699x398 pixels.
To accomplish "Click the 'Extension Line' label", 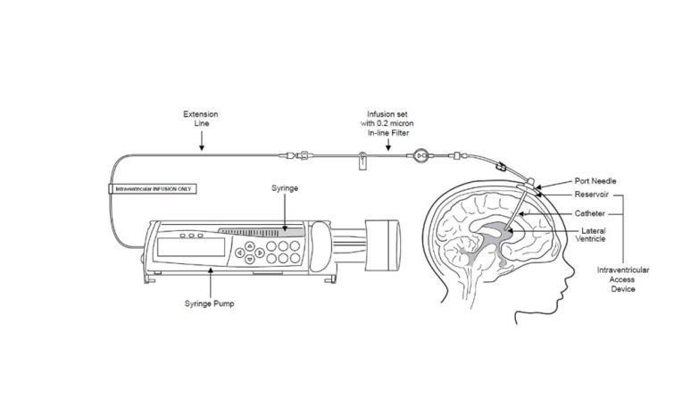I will (201, 119).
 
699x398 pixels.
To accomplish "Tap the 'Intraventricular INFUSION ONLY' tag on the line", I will (152, 189).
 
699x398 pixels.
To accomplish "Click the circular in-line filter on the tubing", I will (420, 157).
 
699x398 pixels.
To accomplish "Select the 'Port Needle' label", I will (595, 181).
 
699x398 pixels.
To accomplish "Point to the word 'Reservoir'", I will (591, 195).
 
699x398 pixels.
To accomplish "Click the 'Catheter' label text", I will (589, 214).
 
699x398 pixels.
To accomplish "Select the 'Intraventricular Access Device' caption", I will (623, 278).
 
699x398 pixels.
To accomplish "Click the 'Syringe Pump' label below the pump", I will (210, 303).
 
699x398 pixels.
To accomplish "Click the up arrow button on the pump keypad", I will (249, 245).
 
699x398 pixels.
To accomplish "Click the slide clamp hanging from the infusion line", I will (362, 162).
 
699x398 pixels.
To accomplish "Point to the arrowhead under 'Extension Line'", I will (201, 146).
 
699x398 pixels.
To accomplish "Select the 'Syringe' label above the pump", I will (285, 188).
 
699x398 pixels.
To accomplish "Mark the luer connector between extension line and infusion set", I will (304, 156).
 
